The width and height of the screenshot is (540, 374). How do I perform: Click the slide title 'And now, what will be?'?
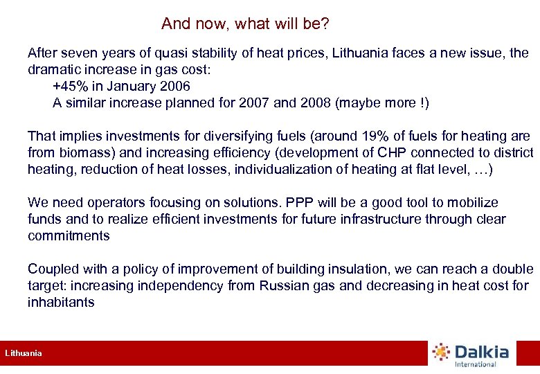coord(245,24)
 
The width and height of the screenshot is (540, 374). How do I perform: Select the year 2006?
coord(174,87)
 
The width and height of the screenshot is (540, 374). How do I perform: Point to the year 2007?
coord(255,103)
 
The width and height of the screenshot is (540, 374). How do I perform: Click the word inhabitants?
coord(61,302)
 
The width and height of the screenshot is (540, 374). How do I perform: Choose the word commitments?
coord(69,235)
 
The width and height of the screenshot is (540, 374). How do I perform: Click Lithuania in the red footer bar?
coord(24,353)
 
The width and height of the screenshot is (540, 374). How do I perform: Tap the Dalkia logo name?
coord(482,352)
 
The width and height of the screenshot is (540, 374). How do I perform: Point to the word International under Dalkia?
coord(476,364)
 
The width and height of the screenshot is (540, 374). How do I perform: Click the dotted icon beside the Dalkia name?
coord(441,352)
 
